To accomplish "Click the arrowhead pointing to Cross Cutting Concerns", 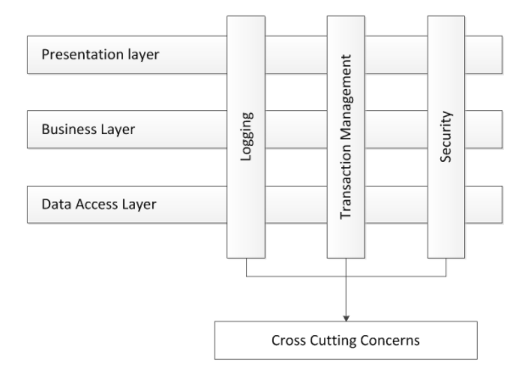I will (x=347, y=316).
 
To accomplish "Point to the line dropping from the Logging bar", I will (x=247, y=267).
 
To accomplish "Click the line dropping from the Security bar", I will (x=447, y=267).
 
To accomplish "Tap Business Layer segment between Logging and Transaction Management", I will (x=296, y=130).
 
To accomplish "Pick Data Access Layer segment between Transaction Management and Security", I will (x=397, y=204).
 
